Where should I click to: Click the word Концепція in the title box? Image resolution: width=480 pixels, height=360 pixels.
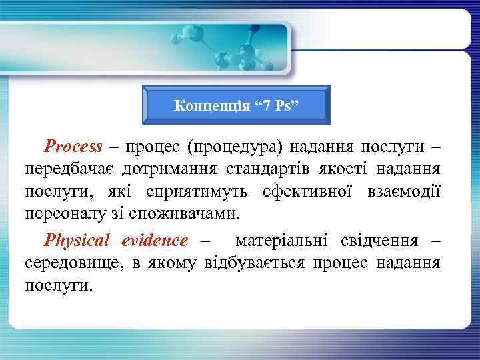202,105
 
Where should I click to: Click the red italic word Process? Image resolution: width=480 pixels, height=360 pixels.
73,146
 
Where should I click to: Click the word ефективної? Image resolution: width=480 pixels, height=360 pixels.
309,193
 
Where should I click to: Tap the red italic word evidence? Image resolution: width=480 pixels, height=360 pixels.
155,239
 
